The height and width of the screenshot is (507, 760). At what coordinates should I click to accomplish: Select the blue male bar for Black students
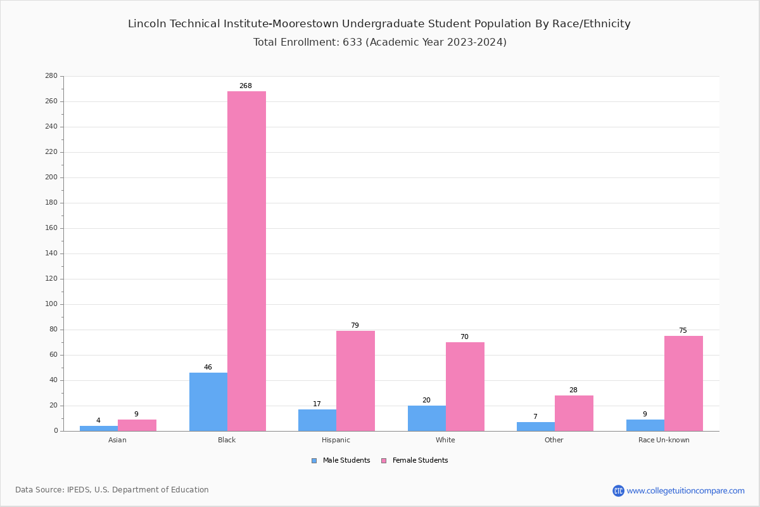[208, 402]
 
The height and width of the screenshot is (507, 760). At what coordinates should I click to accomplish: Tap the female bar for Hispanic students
[355, 381]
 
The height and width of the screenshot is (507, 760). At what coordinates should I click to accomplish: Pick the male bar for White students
[427, 418]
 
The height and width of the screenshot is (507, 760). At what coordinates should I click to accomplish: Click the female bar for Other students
[574, 413]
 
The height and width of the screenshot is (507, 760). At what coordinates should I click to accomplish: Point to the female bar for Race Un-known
[683, 383]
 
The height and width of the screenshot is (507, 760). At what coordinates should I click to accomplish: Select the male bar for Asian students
[99, 428]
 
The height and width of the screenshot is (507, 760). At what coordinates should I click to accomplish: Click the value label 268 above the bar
[245, 86]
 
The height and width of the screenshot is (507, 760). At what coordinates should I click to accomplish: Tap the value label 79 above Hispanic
[355, 326]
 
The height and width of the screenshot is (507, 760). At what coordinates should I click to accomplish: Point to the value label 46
[208, 368]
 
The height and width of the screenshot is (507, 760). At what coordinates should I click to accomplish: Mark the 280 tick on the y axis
[51, 76]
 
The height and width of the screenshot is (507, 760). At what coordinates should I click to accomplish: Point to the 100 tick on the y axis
[51, 304]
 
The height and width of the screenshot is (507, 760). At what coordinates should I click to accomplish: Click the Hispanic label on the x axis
[336, 440]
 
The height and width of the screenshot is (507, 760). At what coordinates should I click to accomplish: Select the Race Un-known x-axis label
[664, 440]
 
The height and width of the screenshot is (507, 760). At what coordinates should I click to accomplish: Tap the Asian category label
[117, 440]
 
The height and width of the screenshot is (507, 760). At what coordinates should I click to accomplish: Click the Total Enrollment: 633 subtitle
[379, 42]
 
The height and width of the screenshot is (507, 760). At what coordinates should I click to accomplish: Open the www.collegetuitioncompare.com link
[685, 491]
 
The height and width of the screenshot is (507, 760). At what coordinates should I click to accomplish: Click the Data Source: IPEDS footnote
[112, 490]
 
